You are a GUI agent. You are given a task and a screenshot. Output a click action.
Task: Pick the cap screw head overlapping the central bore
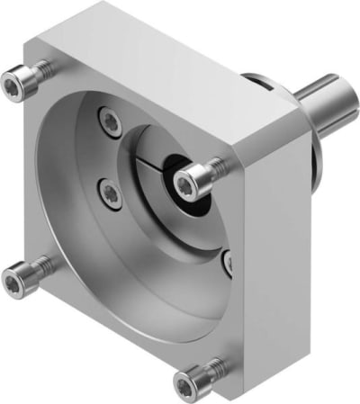187,184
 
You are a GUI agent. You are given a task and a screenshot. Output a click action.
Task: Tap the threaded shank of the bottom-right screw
211,368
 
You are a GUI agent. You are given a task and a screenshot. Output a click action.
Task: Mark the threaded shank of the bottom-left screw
36,270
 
